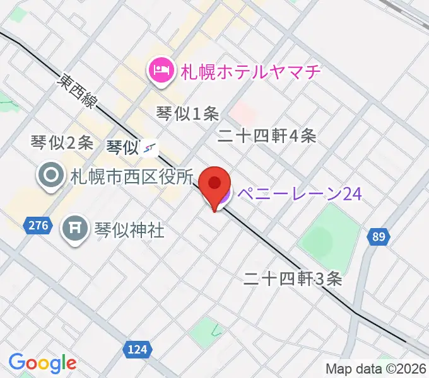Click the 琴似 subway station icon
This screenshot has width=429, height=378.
point(150,147)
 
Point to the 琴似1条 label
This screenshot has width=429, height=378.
point(187,113)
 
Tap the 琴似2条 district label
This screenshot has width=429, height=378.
point(62,143)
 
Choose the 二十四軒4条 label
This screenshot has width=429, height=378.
point(266,135)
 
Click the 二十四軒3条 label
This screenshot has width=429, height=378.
point(293,278)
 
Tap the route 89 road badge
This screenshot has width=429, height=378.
point(377,236)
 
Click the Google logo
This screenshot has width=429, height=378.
point(42,363)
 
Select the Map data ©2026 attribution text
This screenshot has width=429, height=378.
point(375,369)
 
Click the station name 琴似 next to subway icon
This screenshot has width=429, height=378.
point(122,147)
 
